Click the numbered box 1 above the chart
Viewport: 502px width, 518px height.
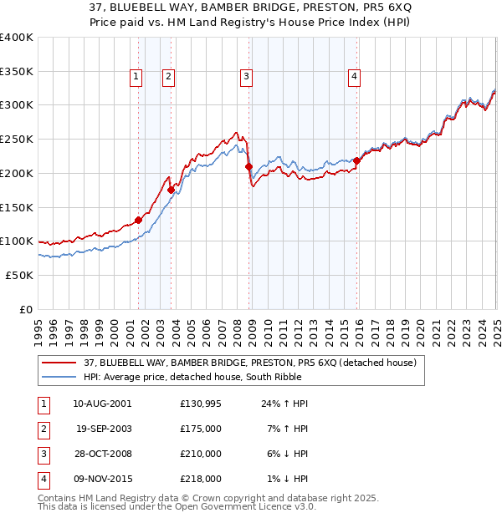(136, 77)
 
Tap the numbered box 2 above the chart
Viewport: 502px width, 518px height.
(168, 77)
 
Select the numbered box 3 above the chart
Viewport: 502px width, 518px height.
(247, 77)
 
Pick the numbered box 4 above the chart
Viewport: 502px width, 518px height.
(355, 77)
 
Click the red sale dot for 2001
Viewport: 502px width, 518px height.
(139, 221)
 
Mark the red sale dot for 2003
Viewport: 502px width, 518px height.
(171, 190)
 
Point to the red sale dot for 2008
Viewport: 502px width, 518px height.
(248, 166)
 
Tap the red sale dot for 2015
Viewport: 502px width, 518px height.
(356, 160)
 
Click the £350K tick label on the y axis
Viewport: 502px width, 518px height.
(16, 72)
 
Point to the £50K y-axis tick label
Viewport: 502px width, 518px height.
(19, 275)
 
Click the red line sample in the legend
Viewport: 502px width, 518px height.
(59, 363)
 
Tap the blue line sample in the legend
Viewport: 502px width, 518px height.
(59, 377)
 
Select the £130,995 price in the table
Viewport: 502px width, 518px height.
(200, 403)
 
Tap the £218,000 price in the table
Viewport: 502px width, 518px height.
(200, 479)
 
